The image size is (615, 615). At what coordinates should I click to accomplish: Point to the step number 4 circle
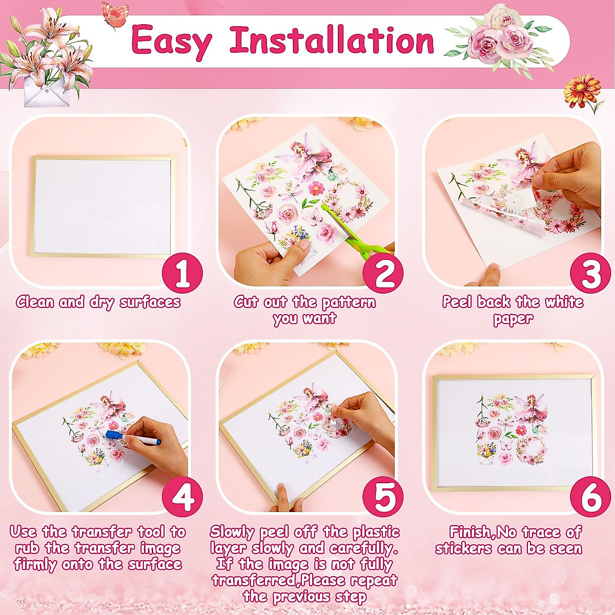pos(182,497)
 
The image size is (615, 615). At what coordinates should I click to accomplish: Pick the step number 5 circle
pos(383,497)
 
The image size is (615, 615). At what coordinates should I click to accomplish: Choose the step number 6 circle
pos(591,497)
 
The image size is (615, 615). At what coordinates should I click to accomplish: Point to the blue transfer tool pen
pos(133,438)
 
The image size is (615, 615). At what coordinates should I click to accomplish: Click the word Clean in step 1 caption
pos(35,302)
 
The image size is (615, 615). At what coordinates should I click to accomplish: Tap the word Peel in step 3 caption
pos(458,302)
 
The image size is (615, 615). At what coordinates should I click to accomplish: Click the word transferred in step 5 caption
pos(255,580)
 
